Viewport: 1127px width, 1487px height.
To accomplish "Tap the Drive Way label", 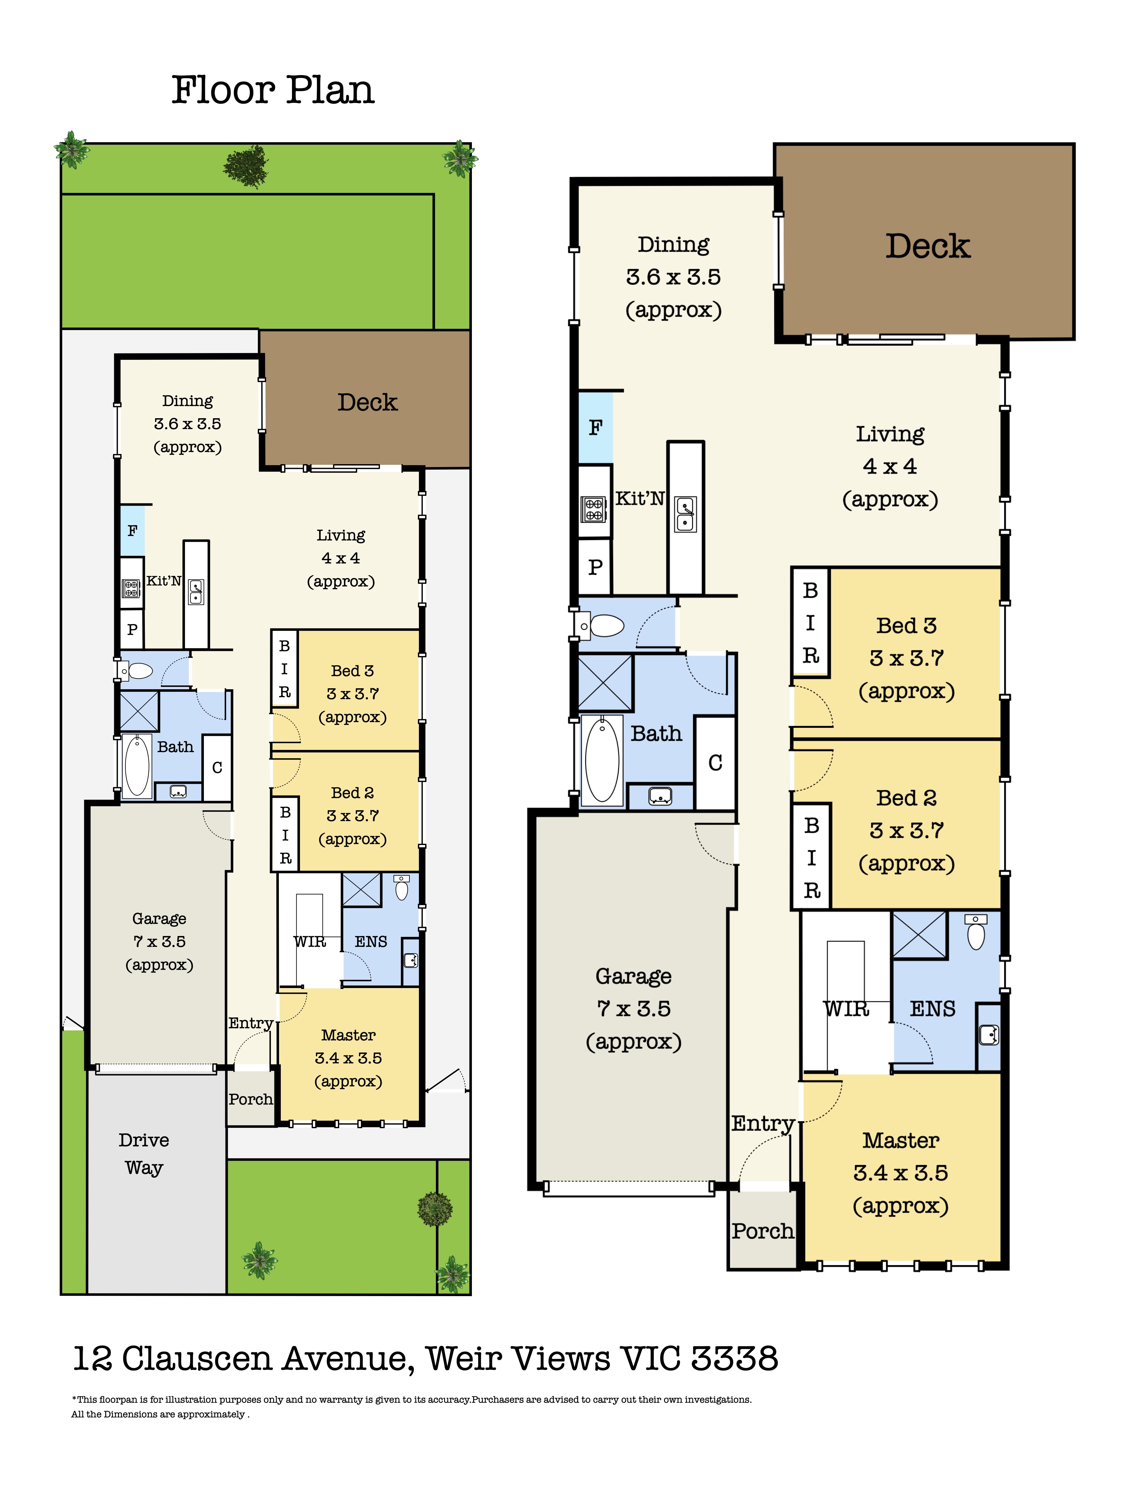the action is click(x=144, y=1154).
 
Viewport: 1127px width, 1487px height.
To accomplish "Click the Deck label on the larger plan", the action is click(x=927, y=246).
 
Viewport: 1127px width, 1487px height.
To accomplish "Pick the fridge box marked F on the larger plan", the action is click(x=595, y=427).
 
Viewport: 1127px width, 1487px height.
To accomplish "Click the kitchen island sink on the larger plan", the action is click(x=685, y=514).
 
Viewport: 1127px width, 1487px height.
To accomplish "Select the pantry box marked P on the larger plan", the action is click(x=595, y=567).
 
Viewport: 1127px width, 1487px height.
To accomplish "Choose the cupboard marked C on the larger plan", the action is click(x=715, y=763).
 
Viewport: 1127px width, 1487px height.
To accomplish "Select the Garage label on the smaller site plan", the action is click(x=159, y=919).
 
